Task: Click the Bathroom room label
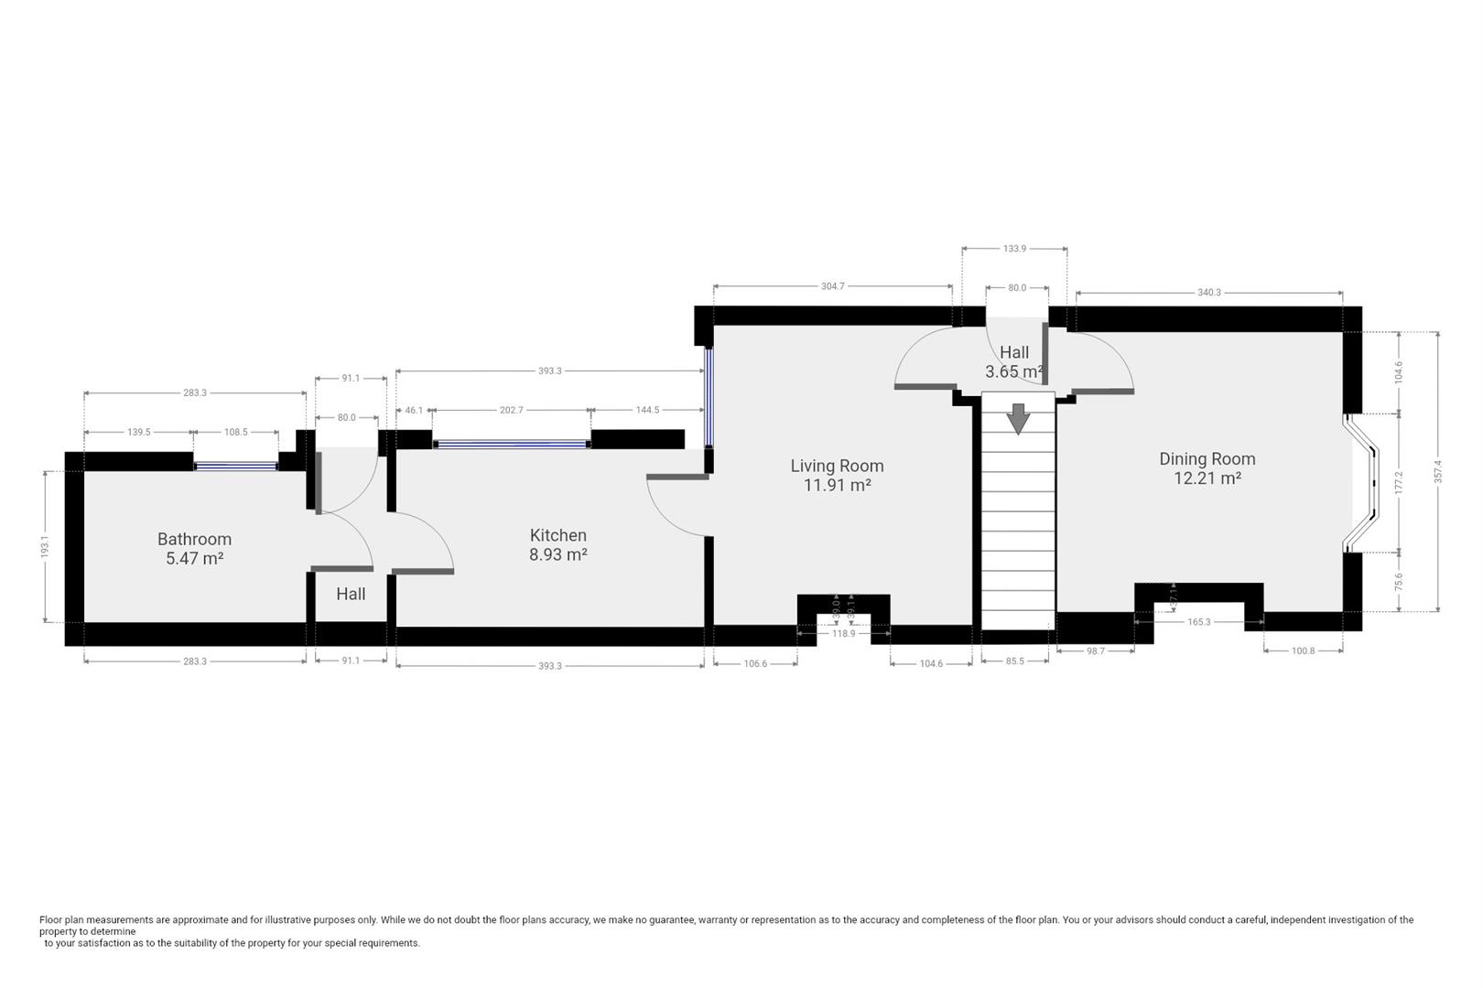point(194,539)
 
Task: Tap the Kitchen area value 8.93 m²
point(558,553)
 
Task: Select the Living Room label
point(837,466)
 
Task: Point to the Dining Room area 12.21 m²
point(1207,478)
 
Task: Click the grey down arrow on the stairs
point(1018,418)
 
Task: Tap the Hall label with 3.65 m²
point(1014,362)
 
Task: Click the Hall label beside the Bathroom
point(351,595)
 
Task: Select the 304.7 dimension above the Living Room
point(833,286)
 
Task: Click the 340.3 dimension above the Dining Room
point(1209,293)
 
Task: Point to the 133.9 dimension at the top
point(1014,249)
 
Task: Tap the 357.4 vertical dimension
point(1438,471)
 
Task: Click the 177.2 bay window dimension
point(1398,482)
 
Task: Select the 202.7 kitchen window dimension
point(511,410)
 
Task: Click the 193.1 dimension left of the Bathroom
point(45,547)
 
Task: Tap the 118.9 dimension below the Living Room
point(843,633)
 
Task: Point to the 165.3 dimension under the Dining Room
point(1199,622)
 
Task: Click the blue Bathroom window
point(235,467)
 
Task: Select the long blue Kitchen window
point(511,445)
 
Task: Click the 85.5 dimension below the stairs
point(1014,661)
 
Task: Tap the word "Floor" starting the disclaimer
point(51,919)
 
